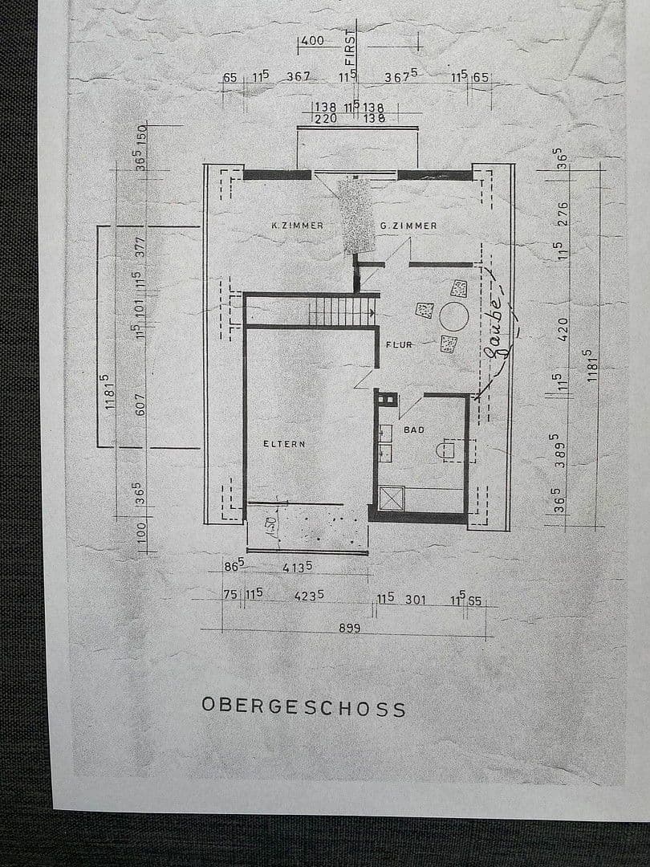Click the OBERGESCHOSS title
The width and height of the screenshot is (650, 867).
pyautogui.click(x=303, y=707)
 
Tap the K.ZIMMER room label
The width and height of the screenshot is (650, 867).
pyautogui.click(x=297, y=226)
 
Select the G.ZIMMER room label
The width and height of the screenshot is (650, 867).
pyautogui.click(x=408, y=226)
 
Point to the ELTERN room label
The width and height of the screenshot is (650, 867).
pyautogui.click(x=284, y=443)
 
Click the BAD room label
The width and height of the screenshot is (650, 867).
pyautogui.click(x=414, y=430)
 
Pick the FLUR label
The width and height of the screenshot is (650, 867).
pyautogui.click(x=399, y=344)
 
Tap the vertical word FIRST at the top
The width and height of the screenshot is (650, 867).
pyautogui.click(x=350, y=47)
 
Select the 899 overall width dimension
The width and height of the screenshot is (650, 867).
pyautogui.click(x=349, y=629)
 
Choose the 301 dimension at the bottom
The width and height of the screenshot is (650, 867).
pyautogui.click(x=416, y=600)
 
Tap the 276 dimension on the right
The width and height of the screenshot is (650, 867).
pyautogui.click(x=562, y=213)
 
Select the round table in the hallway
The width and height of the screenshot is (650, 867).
pyautogui.click(x=454, y=317)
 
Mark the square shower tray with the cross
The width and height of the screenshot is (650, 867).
pyautogui.click(x=391, y=499)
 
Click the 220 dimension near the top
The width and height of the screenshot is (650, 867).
pyautogui.click(x=324, y=117)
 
